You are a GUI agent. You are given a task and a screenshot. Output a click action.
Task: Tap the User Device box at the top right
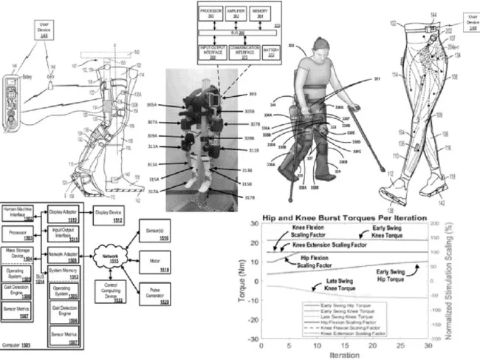click(x=464, y=18)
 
